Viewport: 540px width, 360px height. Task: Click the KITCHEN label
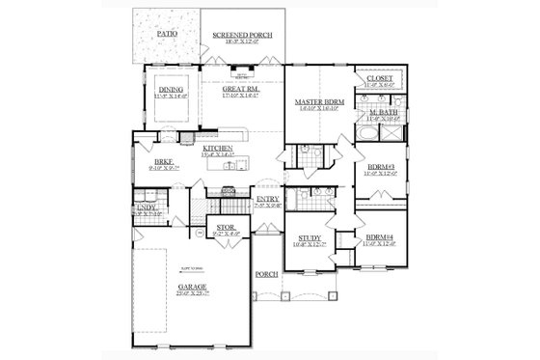point(219,148)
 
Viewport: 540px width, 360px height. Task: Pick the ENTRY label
point(268,199)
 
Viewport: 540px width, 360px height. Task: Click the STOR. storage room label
point(227,229)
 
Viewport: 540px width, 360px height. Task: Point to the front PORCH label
point(267,274)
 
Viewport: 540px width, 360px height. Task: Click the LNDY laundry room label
point(148,207)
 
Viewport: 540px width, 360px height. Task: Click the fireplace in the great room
point(243,72)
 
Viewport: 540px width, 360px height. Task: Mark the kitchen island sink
point(229,166)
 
